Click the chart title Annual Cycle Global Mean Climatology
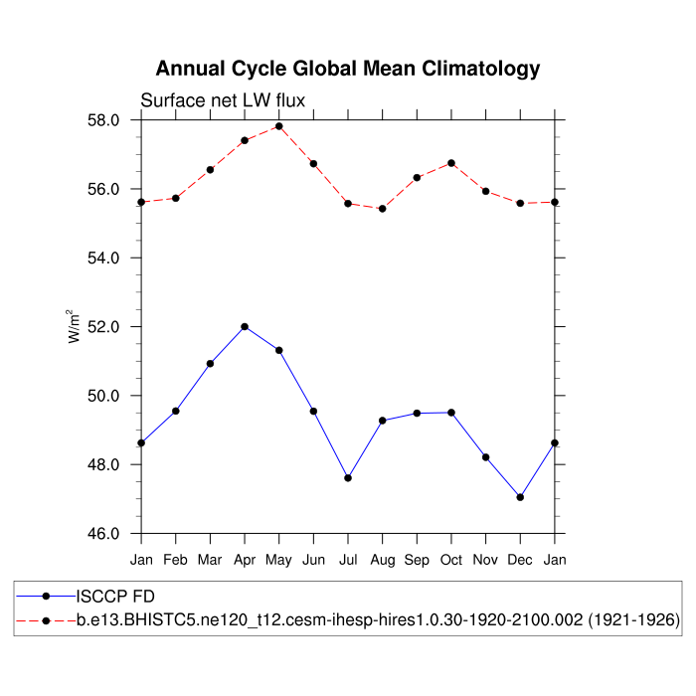click(x=348, y=69)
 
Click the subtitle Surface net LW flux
click(x=222, y=100)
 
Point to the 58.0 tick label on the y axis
click(x=103, y=120)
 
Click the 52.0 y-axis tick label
click(x=103, y=327)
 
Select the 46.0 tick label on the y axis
click(x=103, y=534)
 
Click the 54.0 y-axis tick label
click(x=103, y=259)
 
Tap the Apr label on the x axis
click(x=245, y=561)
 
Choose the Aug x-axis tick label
click(x=383, y=561)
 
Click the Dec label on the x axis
click(x=520, y=561)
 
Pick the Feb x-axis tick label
click(x=176, y=561)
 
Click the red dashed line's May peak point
click(x=279, y=126)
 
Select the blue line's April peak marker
click(x=245, y=327)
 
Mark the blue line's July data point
click(x=348, y=478)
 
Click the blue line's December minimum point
click(x=520, y=497)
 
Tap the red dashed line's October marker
click(x=451, y=163)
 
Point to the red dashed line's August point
click(x=383, y=209)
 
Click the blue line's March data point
click(x=210, y=364)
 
